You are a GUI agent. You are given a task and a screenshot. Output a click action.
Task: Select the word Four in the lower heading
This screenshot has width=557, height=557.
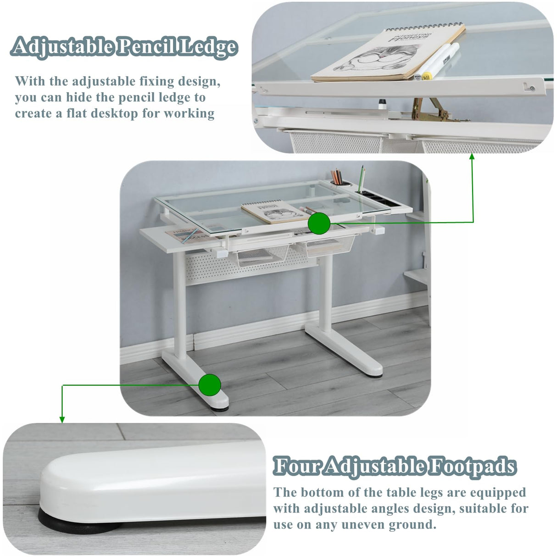click(297, 467)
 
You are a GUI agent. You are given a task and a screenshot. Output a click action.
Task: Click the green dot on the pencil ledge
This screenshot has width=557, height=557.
click(319, 224)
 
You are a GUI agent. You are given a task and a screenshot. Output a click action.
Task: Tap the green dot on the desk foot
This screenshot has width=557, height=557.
click(210, 385)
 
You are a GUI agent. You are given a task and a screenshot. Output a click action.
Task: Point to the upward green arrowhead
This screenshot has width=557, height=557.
click(472, 156)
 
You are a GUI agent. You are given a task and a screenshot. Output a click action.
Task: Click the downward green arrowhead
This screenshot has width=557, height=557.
click(62, 419)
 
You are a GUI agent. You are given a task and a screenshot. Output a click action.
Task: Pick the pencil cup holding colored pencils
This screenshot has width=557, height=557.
click(340, 181)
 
